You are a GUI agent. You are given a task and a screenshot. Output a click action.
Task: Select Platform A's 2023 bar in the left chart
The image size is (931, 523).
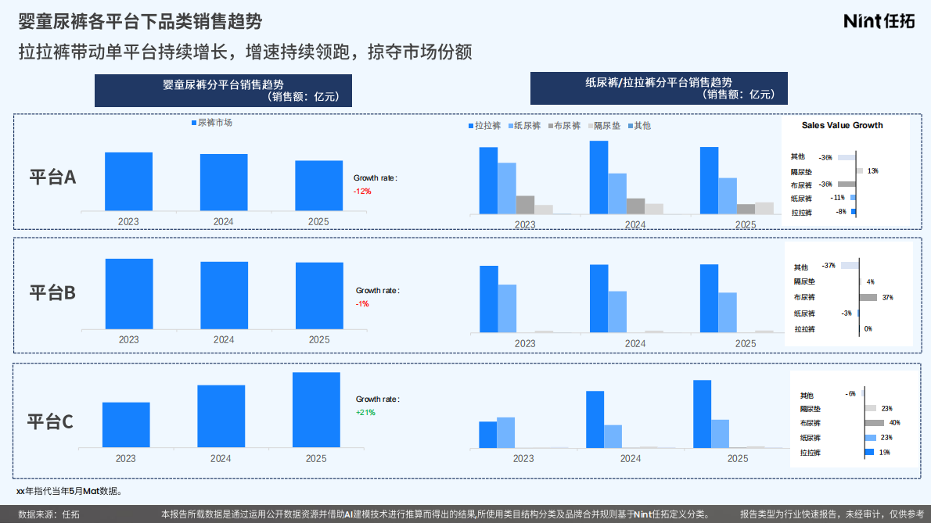point(128,181)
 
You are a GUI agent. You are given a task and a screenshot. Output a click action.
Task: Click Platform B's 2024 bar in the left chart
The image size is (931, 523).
point(224,295)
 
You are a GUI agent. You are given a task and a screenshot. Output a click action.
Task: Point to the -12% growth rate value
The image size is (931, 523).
point(362,192)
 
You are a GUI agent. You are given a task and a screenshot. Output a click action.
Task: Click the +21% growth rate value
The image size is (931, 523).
point(365,412)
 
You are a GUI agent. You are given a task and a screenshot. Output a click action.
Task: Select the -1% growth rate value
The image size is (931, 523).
point(362,303)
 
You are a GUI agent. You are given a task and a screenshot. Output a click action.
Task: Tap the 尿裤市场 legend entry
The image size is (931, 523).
point(211,123)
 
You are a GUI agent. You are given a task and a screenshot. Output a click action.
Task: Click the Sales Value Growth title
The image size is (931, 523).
point(842,125)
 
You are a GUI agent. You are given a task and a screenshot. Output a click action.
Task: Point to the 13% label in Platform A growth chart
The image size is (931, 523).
point(872,170)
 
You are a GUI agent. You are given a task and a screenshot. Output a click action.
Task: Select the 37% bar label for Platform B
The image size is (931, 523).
point(886,297)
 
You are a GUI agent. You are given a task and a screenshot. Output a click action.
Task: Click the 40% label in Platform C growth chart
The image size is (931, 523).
point(894,423)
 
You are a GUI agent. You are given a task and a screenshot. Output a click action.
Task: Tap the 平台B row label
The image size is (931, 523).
point(52,293)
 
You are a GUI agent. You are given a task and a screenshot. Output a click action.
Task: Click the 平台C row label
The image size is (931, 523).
point(51,422)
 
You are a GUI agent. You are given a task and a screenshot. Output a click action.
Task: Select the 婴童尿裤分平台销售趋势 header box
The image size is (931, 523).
point(223,91)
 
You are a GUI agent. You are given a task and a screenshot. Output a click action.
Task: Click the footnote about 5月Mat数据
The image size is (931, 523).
point(69,492)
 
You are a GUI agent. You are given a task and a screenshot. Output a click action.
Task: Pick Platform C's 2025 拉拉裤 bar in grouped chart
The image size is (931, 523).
point(702,414)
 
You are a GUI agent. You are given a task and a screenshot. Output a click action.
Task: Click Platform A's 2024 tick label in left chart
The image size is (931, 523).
point(224,222)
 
